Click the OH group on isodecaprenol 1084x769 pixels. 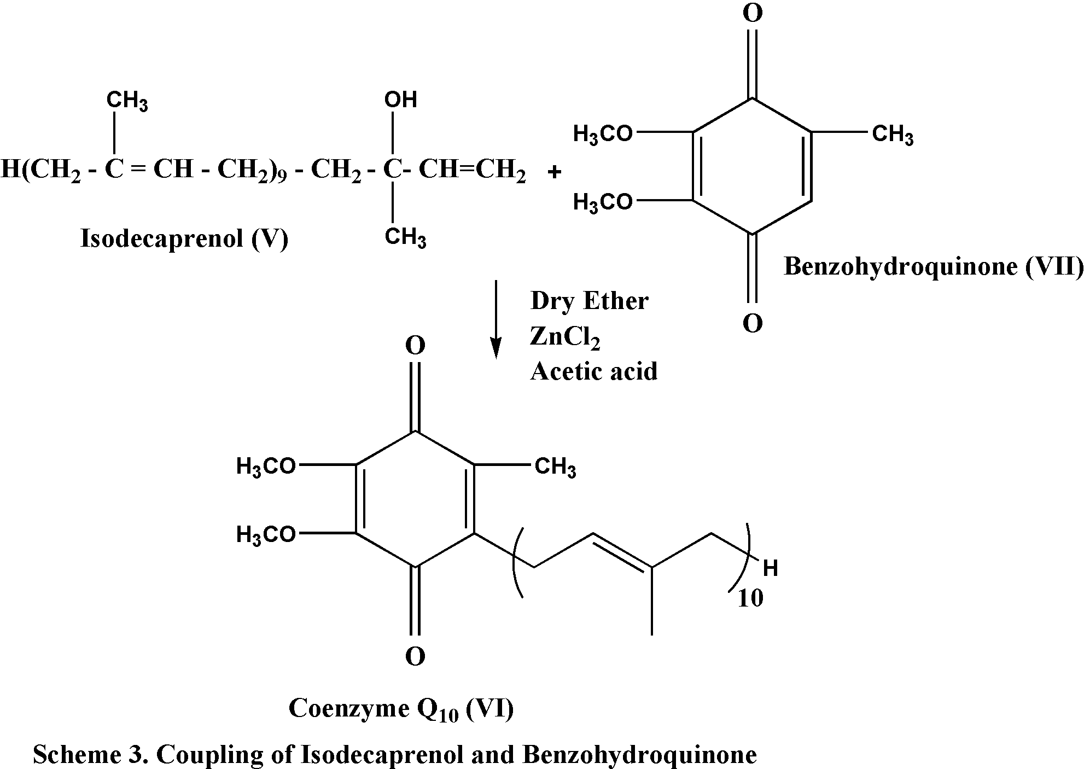[400, 100]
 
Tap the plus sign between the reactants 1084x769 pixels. [554, 173]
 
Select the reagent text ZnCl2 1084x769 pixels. [564, 337]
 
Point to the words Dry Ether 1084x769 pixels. [589, 301]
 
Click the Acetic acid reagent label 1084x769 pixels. [593, 372]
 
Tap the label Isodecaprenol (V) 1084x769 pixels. [184, 238]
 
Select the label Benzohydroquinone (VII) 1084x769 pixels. [933, 267]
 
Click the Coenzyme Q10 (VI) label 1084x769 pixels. [401, 709]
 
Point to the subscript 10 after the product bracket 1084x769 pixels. [750, 599]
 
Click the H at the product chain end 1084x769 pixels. [770, 569]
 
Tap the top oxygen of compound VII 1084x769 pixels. [753, 14]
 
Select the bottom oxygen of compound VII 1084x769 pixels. [753, 324]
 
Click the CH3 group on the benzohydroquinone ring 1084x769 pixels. [892, 134]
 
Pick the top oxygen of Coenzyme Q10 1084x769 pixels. [415, 346]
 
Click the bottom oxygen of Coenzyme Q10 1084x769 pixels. [415, 656]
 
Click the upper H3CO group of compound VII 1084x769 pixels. [603, 134]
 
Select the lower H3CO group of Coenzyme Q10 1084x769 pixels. [266, 534]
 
